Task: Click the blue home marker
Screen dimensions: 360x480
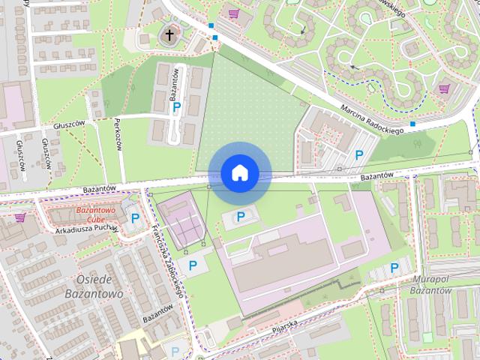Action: click(x=239, y=173)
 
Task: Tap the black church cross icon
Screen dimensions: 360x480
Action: click(x=169, y=34)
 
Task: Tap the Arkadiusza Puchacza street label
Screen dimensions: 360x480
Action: click(x=87, y=229)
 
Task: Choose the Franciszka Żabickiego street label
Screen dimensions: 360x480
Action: click(x=166, y=258)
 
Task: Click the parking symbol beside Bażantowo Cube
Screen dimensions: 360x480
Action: click(x=135, y=219)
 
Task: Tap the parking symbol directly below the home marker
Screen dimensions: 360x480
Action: click(x=241, y=217)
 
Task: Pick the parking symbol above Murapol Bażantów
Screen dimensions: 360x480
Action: click(x=394, y=268)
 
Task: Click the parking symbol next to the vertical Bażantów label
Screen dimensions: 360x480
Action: click(x=177, y=108)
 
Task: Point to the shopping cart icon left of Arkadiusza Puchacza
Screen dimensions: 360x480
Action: click(x=19, y=217)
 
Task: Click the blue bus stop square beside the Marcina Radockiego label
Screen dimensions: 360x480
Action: click(x=413, y=124)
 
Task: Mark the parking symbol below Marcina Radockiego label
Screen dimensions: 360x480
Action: click(x=359, y=155)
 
